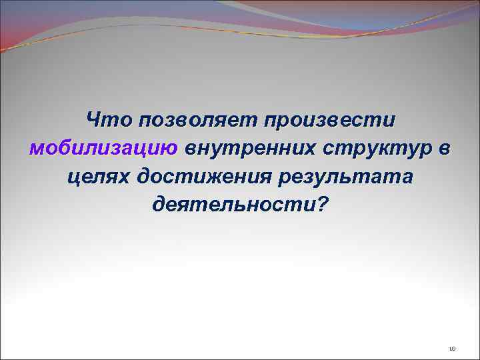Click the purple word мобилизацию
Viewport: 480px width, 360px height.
(103, 149)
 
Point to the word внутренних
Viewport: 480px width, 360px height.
(250, 149)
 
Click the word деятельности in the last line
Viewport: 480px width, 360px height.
(232, 204)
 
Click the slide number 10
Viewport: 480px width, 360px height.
(451, 348)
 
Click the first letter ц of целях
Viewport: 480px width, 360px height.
(74, 177)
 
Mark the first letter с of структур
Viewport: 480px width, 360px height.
(330, 149)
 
